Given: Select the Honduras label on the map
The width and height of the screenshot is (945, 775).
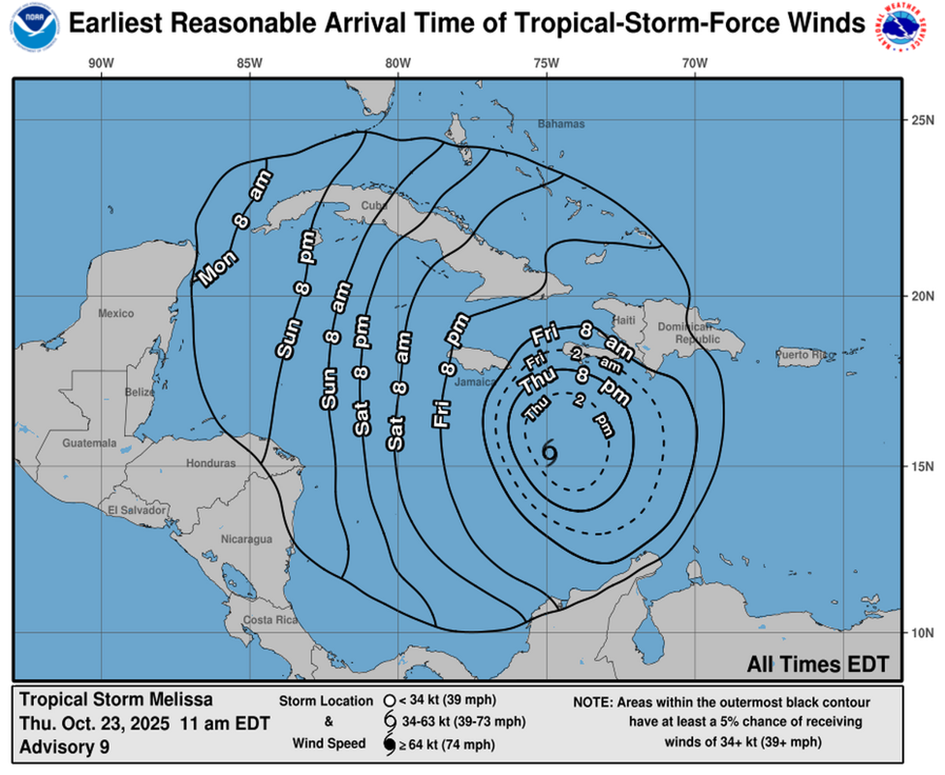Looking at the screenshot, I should [210, 463].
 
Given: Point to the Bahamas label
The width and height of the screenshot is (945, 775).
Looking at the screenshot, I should [561, 124].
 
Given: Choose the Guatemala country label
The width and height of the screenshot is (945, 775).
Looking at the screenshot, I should [90, 443].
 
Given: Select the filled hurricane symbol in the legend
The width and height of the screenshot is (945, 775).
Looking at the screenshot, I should [389, 744].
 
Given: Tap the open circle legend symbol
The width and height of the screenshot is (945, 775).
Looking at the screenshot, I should [388, 700].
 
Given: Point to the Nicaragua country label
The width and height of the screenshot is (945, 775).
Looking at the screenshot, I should [246, 540].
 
